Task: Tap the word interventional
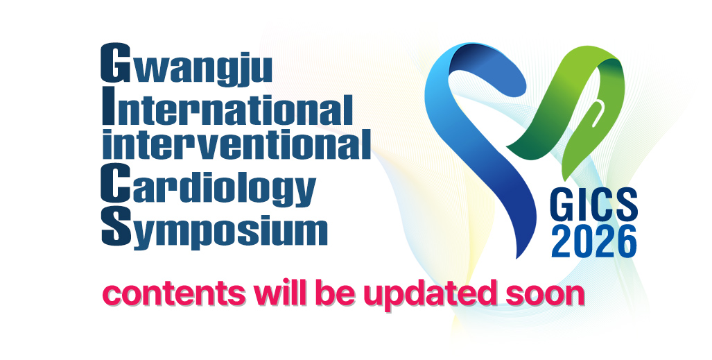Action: [x=236, y=144]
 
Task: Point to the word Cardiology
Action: [x=208, y=184]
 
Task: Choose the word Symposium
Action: [x=214, y=228]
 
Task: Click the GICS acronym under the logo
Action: [x=593, y=205]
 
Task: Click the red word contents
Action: [x=173, y=293]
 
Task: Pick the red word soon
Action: [x=545, y=295]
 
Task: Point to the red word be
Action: [x=331, y=293]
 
